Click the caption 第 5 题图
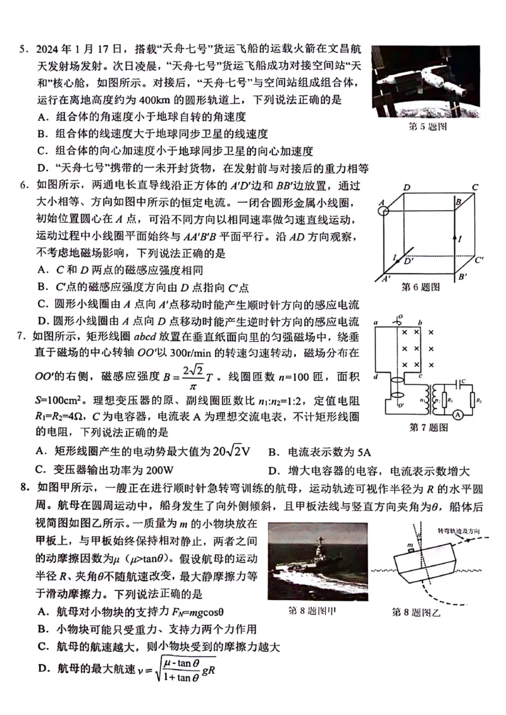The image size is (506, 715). pyautogui.click(x=427, y=127)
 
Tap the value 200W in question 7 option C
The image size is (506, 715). pyautogui.click(x=156, y=471)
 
